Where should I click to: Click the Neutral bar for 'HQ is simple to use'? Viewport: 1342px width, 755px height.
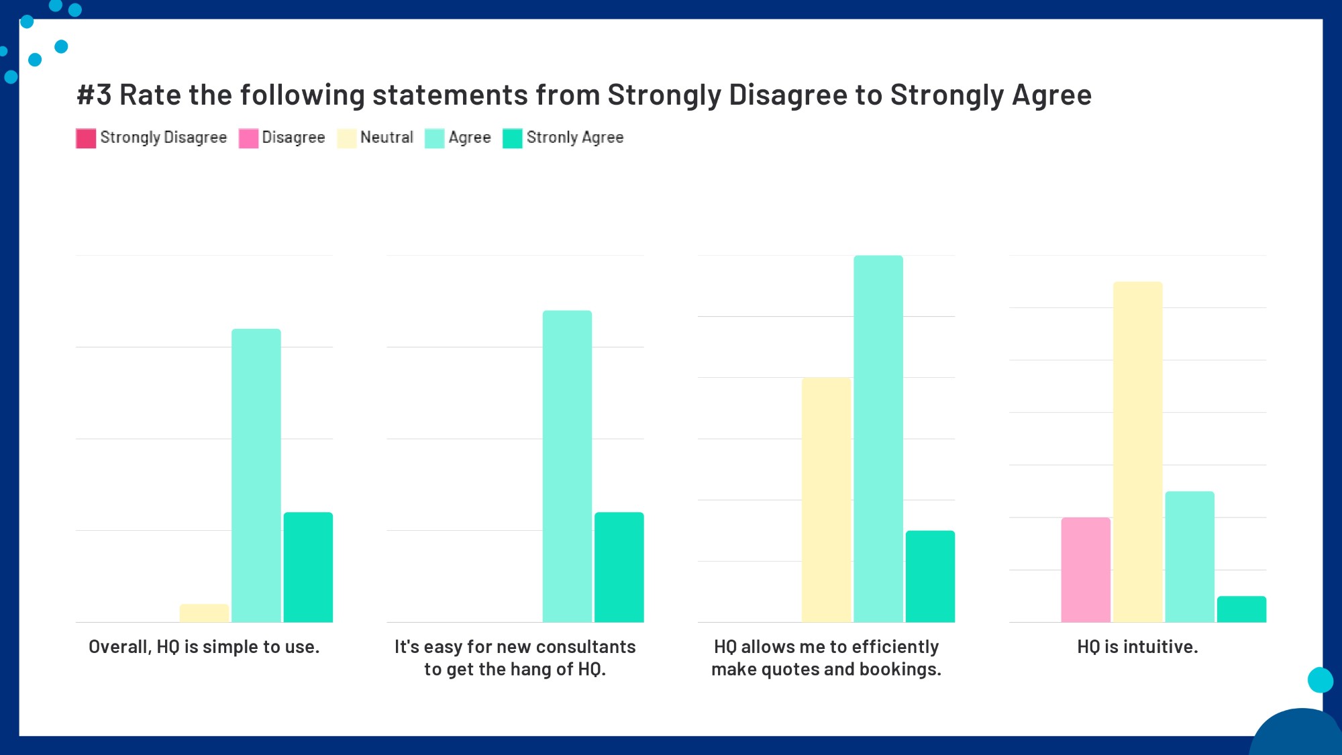(x=204, y=613)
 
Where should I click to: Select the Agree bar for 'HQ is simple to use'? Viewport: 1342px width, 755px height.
(x=256, y=475)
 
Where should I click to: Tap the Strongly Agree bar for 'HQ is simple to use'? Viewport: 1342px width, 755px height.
(x=308, y=567)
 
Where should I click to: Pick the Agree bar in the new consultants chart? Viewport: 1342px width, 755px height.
(x=567, y=466)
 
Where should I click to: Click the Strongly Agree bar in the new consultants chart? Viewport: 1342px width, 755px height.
(x=619, y=567)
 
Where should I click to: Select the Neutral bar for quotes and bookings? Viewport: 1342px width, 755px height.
(x=826, y=500)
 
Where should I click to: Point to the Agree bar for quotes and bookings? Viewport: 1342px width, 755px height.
(x=878, y=439)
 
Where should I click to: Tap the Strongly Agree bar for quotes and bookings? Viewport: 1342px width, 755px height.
(x=930, y=576)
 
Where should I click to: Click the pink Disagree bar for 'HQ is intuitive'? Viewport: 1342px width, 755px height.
(x=1086, y=570)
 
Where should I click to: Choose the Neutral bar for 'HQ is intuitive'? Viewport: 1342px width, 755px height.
(x=1137, y=452)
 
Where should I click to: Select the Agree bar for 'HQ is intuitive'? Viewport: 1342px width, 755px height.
(x=1190, y=557)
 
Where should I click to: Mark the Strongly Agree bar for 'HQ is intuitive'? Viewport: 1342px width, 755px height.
(x=1241, y=609)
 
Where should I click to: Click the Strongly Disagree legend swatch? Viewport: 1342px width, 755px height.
(x=86, y=138)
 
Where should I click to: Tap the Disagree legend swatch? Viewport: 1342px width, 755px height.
(x=248, y=138)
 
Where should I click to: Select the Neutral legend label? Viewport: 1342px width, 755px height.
(x=386, y=138)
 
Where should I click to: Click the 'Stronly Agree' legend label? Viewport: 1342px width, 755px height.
(x=575, y=138)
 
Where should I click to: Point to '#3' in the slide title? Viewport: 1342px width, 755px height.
(x=94, y=95)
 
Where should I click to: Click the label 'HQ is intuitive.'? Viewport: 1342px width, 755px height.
(x=1137, y=646)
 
